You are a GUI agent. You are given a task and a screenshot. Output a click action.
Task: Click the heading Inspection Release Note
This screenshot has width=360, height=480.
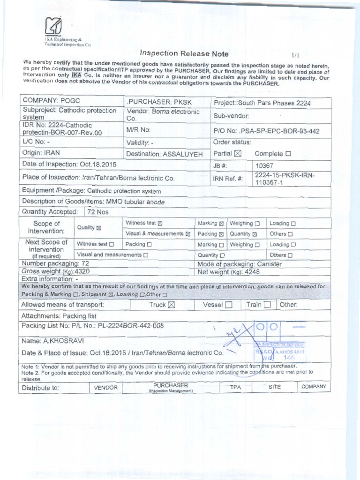click(178, 53)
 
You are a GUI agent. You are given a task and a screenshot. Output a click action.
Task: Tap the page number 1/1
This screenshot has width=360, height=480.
click(295, 55)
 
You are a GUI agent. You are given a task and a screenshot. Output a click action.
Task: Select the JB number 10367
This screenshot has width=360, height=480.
click(264, 165)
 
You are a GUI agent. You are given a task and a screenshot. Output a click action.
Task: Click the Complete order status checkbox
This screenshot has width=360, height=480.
click(288, 153)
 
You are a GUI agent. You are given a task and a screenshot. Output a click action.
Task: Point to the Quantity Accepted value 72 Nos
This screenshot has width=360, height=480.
click(98, 212)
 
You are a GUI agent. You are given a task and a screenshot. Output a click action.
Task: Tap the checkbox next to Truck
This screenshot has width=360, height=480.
click(171, 305)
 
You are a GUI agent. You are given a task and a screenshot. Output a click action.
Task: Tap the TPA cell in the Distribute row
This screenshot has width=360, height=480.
click(235, 387)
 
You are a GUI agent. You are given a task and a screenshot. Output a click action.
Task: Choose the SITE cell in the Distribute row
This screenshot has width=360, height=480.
click(274, 387)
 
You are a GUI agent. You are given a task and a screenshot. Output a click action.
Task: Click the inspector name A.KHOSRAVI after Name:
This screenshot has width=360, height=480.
click(59, 339)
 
